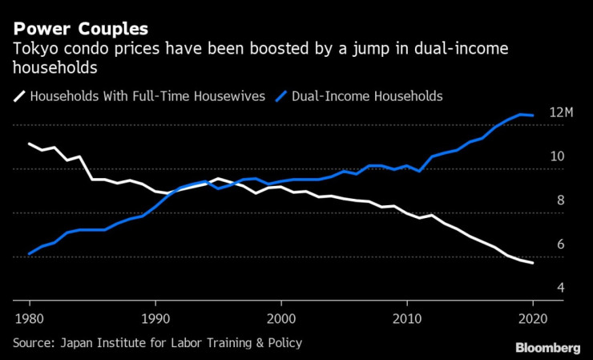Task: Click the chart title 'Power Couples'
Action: click(x=80, y=29)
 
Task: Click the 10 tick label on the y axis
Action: click(x=557, y=156)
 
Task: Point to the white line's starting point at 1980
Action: click(x=29, y=144)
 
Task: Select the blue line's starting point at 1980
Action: click(x=29, y=253)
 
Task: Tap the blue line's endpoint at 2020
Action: click(x=533, y=115)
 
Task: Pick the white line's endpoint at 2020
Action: click(x=533, y=263)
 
